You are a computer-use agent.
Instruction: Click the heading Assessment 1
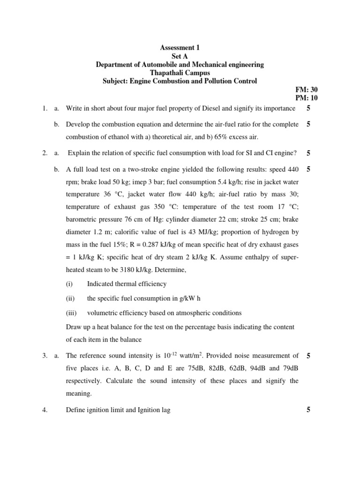(180, 47)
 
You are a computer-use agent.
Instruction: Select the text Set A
(180, 56)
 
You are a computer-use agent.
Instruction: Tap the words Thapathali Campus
(180, 73)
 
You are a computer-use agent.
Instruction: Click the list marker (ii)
(70, 298)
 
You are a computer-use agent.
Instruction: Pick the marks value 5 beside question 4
(308, 410)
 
